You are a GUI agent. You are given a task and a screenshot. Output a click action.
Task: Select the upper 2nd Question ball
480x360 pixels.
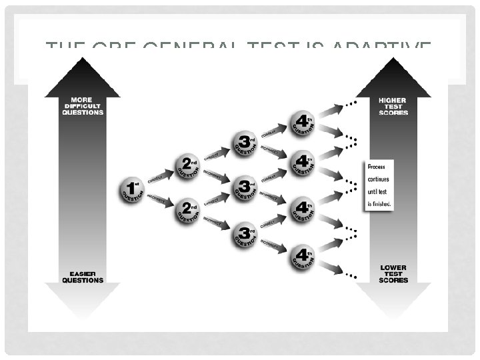(x=188, y=165)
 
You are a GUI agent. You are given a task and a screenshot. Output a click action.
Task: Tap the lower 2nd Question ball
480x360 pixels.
(x=188, y=211)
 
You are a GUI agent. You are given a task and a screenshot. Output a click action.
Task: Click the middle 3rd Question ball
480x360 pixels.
(x=244, y=188)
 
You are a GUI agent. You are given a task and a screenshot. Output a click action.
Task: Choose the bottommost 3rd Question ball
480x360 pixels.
(x=244, y=235)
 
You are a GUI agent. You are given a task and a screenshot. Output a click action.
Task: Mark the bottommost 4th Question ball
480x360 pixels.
(x=301, y=257)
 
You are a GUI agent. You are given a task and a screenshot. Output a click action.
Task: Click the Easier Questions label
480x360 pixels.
(x=83, y=275)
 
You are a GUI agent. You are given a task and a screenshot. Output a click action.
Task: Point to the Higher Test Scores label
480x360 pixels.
(x=393, y=107)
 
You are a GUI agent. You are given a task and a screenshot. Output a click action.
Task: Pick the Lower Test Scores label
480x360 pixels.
(x=393, y=274)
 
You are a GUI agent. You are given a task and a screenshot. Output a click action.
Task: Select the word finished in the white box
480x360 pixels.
(x=382, y=203)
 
